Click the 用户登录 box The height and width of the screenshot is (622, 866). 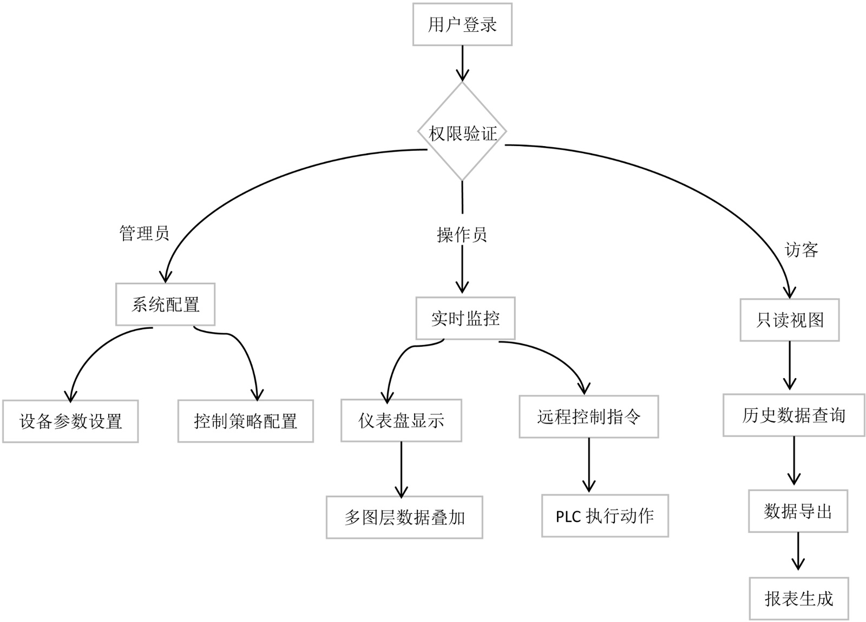pyautogui.click(x=462, y=24)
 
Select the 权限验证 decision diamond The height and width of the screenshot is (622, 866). pyautogui.click(x=462, y=132)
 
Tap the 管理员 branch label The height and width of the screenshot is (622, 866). pyautogui.click(x=144, y=233)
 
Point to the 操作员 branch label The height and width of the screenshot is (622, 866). pyautogui.click(x=462, y=235)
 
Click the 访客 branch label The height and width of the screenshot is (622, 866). pyautogui.click(x=801, y=249)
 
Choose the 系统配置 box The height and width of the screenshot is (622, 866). pyautogui.click(x=165, y=305)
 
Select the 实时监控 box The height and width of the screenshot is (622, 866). pyautogui.click(x=465, y=318)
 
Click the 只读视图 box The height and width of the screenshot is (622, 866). pyautogui.click(x=790, y=320)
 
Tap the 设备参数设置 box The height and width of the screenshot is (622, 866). pyautogui.click(x=70, y=421)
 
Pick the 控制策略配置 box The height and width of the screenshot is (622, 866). pyautogui.click(x=246, y=421)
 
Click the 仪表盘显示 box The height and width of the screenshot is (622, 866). pyautogui.click(x=401, y=420)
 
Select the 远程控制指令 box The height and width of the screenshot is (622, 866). pyautogui.click(x=589, y=416)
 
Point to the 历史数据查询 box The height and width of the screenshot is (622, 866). pyautogui.click(x=793, y=415)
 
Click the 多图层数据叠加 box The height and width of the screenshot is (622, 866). pyautogui.click(x=404, y=518)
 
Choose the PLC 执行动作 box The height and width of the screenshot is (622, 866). pyautogui.click(x=605, y=516)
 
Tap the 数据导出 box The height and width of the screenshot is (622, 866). pyautogui.click(x=798, y=511)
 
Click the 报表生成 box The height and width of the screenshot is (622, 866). pyautogui.click(x=799, y=599)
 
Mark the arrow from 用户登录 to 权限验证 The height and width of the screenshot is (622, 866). pyautogui.click(x=462, y=63)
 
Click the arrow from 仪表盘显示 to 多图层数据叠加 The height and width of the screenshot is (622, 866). pyautogui.click(x=401, y=468)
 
